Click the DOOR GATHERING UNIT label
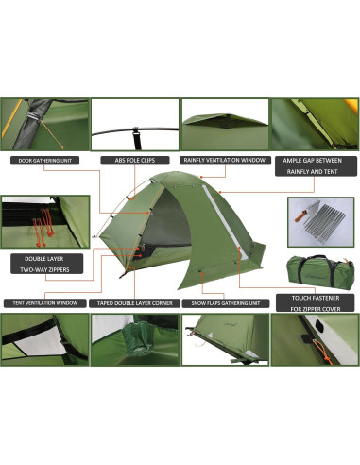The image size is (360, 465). click(44, 160)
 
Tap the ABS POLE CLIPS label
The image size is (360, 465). click(136, 160)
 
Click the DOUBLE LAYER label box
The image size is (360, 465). click(40, 257)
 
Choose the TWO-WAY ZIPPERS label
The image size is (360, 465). click(40, 269)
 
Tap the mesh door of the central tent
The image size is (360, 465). click(165, 222)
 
